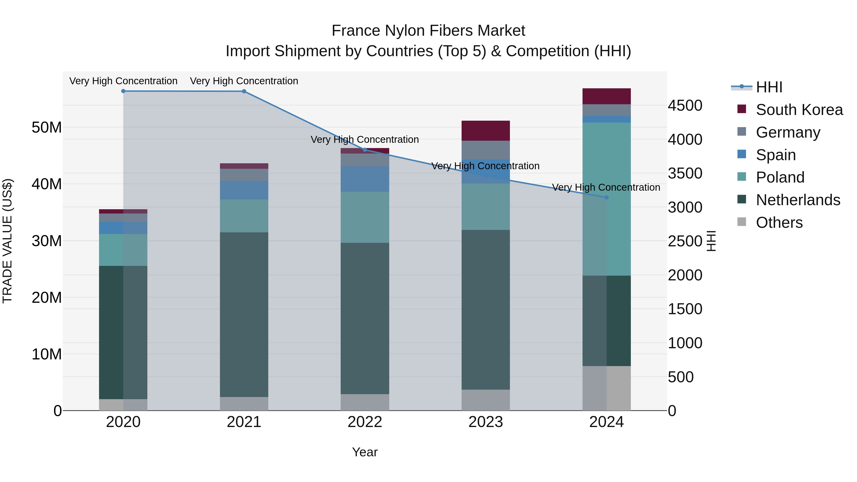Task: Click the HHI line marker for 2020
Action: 123,91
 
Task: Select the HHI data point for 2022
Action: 365,150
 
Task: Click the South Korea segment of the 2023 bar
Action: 485,131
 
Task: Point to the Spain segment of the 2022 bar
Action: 365,179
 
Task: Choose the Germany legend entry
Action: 788,132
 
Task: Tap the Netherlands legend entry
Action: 798,200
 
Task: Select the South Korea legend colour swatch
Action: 742,109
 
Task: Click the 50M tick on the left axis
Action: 47,127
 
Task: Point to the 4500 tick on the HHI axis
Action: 685,105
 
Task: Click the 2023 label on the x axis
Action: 485,422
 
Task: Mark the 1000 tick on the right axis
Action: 685,343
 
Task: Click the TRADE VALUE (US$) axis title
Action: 7,241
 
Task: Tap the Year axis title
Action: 365,452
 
